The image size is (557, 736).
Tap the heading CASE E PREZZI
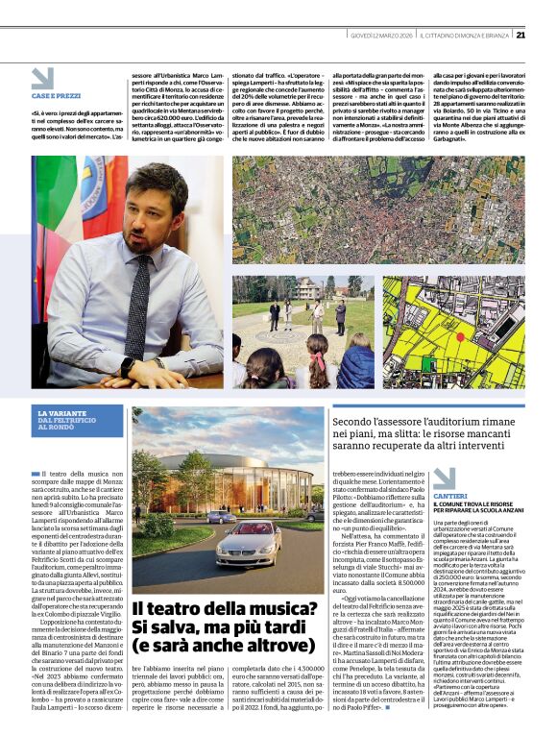(55, 96)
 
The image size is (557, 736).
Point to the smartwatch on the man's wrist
(127, 367)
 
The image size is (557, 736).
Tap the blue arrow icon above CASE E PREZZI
(42, 79)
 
